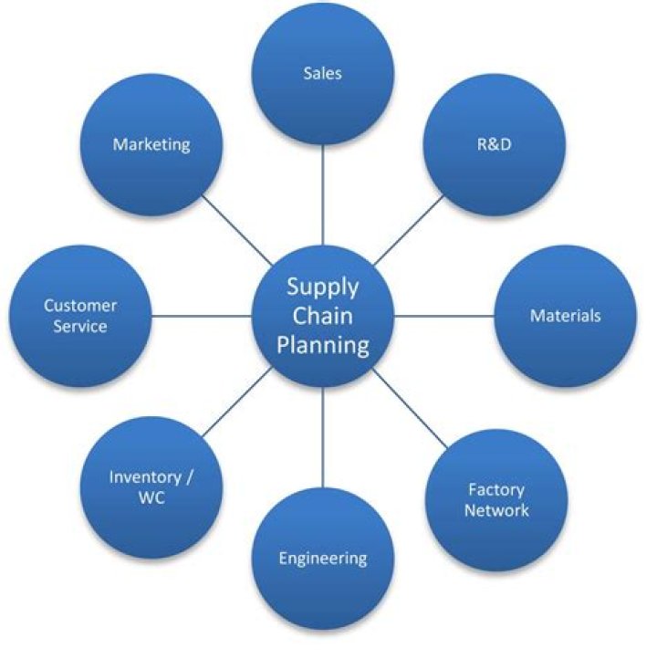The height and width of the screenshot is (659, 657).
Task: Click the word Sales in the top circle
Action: click(322, 73)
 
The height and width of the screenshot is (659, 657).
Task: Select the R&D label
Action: click(494, 144)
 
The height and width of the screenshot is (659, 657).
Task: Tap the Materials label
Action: click(566, 316)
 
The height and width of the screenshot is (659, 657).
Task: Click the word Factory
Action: click(496, 490)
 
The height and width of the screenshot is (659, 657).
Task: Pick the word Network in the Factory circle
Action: click(496, 510)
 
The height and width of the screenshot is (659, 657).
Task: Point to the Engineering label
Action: click(323, 558)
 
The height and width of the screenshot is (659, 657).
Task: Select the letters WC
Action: click(151, 497)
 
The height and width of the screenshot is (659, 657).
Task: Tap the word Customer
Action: click(79, 306)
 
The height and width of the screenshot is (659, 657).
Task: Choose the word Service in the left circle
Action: click(79, 326)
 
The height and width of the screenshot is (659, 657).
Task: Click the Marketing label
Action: click(151, 144)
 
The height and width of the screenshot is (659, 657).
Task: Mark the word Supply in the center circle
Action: click(323, 287)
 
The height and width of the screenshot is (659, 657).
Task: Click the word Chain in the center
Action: click(323, 316)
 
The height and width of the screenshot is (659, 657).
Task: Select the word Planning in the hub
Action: click(323, 345)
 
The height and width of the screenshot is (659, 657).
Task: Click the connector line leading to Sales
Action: click(323, 196)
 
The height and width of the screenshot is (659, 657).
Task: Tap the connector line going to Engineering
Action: click(323, 438)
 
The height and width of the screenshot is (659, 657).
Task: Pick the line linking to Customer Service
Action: click(201, 316)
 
